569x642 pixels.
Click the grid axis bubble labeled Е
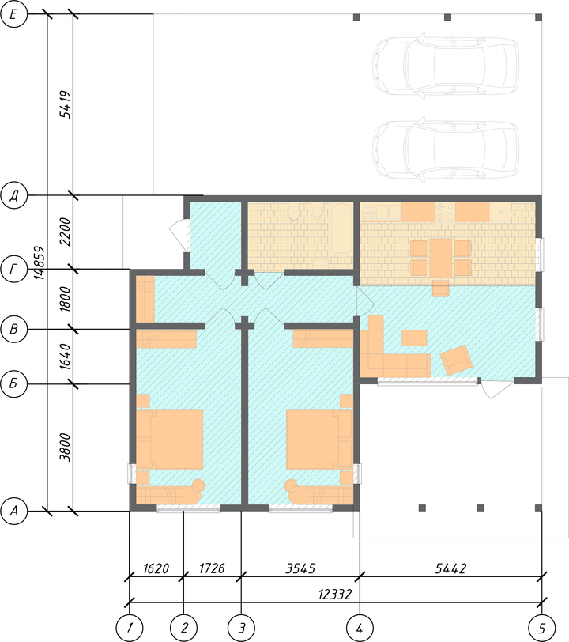tap(14, 14)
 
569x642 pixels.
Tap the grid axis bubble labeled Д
tap(14, 195)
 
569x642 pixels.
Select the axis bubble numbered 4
tap(360, 628)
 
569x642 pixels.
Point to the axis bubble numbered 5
tap(541, 628)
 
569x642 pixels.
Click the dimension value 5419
tap(65, 104)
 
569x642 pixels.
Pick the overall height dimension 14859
tap(40, 262)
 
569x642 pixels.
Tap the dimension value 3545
tap(300, 568)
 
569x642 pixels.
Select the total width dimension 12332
tap(335, 594)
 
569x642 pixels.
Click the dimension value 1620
tap(156, 568)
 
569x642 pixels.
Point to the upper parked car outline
tap(446, 66)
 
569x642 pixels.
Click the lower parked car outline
tap(446, 149)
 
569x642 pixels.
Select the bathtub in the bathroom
tap(341, 228)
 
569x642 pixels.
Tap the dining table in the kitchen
tap(440, 258)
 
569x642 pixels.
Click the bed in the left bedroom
tap(170, 439)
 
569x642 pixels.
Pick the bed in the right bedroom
tap(319, 439)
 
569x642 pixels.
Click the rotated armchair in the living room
tap(457, 360)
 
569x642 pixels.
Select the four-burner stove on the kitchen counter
tap(445, 212)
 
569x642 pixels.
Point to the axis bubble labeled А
tap(14, 511)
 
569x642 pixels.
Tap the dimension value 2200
tap(65, 232)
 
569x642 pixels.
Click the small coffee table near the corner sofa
tap(414, 338)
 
